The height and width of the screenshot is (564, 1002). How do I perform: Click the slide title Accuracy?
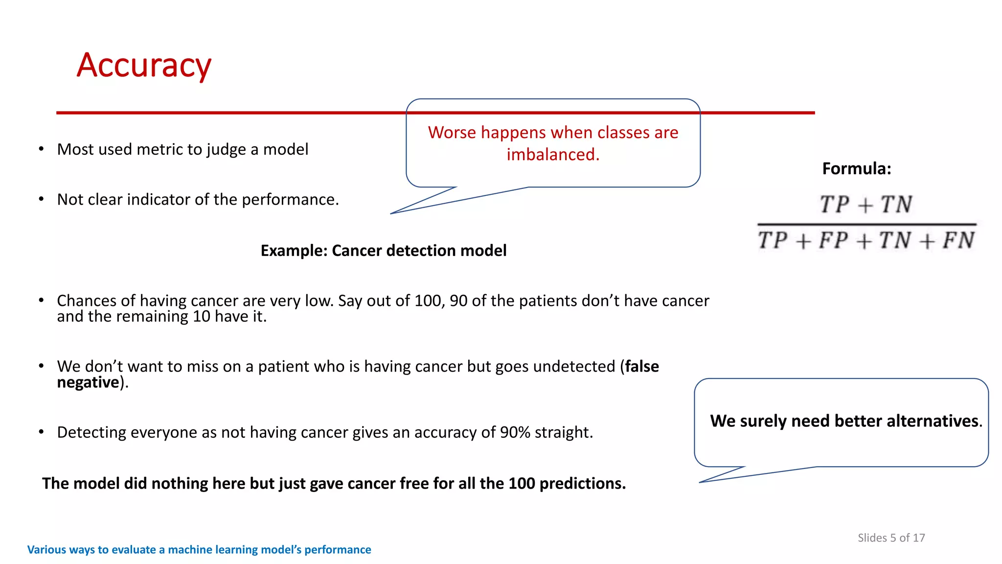[x=144, y=66]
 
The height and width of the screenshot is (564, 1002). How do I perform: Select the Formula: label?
[x=856, y=169]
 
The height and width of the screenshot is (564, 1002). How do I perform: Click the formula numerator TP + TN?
[x=865, y=204]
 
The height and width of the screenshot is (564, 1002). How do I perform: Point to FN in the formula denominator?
[x=958, y=240]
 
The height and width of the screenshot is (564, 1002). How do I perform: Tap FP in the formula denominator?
[x=833, y=240]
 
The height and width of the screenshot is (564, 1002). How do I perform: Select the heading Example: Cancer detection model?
[x=383, y=251]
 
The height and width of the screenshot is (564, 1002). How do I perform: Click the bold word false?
[x=642, y=366]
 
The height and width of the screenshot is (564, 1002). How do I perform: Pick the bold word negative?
[x=88, y=382]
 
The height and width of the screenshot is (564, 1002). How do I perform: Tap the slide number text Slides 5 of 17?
[x=891, y=538]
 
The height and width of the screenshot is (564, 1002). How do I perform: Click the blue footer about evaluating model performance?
[x=199, y=550]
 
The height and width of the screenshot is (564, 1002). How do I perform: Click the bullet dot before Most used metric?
[x=42, y=149]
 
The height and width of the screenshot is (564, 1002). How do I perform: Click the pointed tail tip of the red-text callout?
[x=391, y=213]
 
